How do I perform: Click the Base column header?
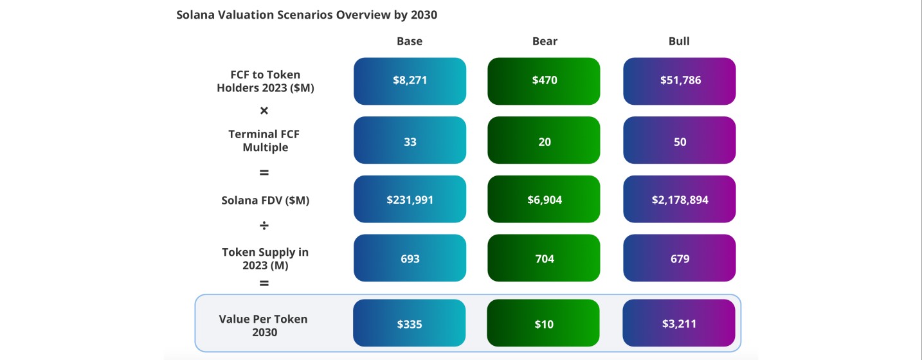click(409, 41)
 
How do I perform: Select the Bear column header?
click(545, 41)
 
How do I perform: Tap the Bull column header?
click(679, 41)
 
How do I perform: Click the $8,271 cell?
click(410, 81)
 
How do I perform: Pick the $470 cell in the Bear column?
click(544, 81)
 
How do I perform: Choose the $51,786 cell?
click(679, 81)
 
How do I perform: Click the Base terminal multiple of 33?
click(410, 140)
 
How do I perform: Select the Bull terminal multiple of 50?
click(679, 140)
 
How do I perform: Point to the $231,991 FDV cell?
click(410, 199)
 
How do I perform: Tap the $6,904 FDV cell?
click(544, 199)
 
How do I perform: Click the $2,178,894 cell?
click(679, 199)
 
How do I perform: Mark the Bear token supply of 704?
click(544, 258)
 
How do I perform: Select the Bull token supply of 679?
click(679, 258)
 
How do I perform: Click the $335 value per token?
click(410, 323)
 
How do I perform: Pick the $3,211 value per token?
click(679, 323)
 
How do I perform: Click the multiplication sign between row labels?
click(264, 111)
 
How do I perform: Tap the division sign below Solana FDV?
click(264, 226)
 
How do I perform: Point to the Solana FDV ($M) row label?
click(265, 201)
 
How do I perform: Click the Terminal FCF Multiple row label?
click(264, 141)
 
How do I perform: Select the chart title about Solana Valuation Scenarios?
click(307, 15)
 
